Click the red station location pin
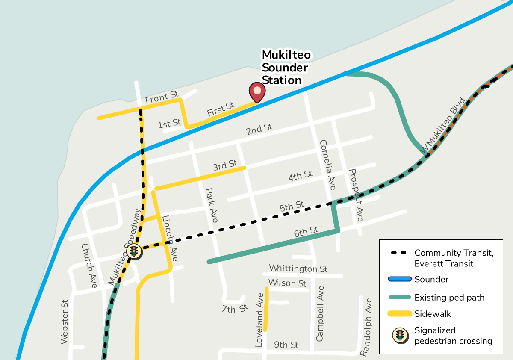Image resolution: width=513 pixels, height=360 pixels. [257, 91]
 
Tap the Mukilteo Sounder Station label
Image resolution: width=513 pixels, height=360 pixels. [286, 68]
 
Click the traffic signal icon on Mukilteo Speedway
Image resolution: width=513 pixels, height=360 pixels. [134, 251]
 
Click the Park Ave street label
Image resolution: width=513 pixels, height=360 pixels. [212, 205]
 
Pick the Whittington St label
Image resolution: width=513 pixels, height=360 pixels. [298, 269]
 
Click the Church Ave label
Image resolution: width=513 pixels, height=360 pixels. [89, 265]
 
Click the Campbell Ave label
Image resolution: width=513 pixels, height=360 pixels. [320, 313]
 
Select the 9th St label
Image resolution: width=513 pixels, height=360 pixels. [286, 345]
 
